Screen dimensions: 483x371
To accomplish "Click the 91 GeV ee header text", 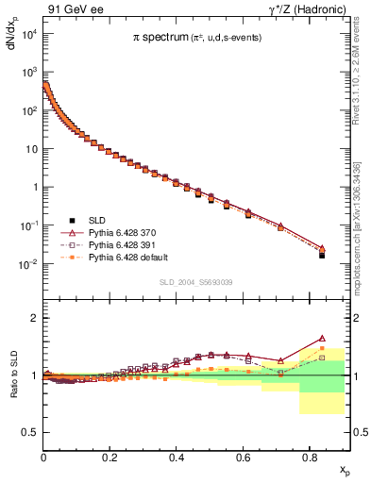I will (x=75, y=9).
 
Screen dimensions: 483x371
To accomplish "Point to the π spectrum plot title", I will (x=196, y=38).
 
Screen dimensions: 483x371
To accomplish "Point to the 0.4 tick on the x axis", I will (x=176, y=456).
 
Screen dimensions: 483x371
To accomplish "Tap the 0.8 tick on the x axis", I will (x=309, y=456).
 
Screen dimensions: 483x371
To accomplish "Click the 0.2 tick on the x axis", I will (x=110, y=456).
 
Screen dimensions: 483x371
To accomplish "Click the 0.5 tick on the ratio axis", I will (x=28, y=433).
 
